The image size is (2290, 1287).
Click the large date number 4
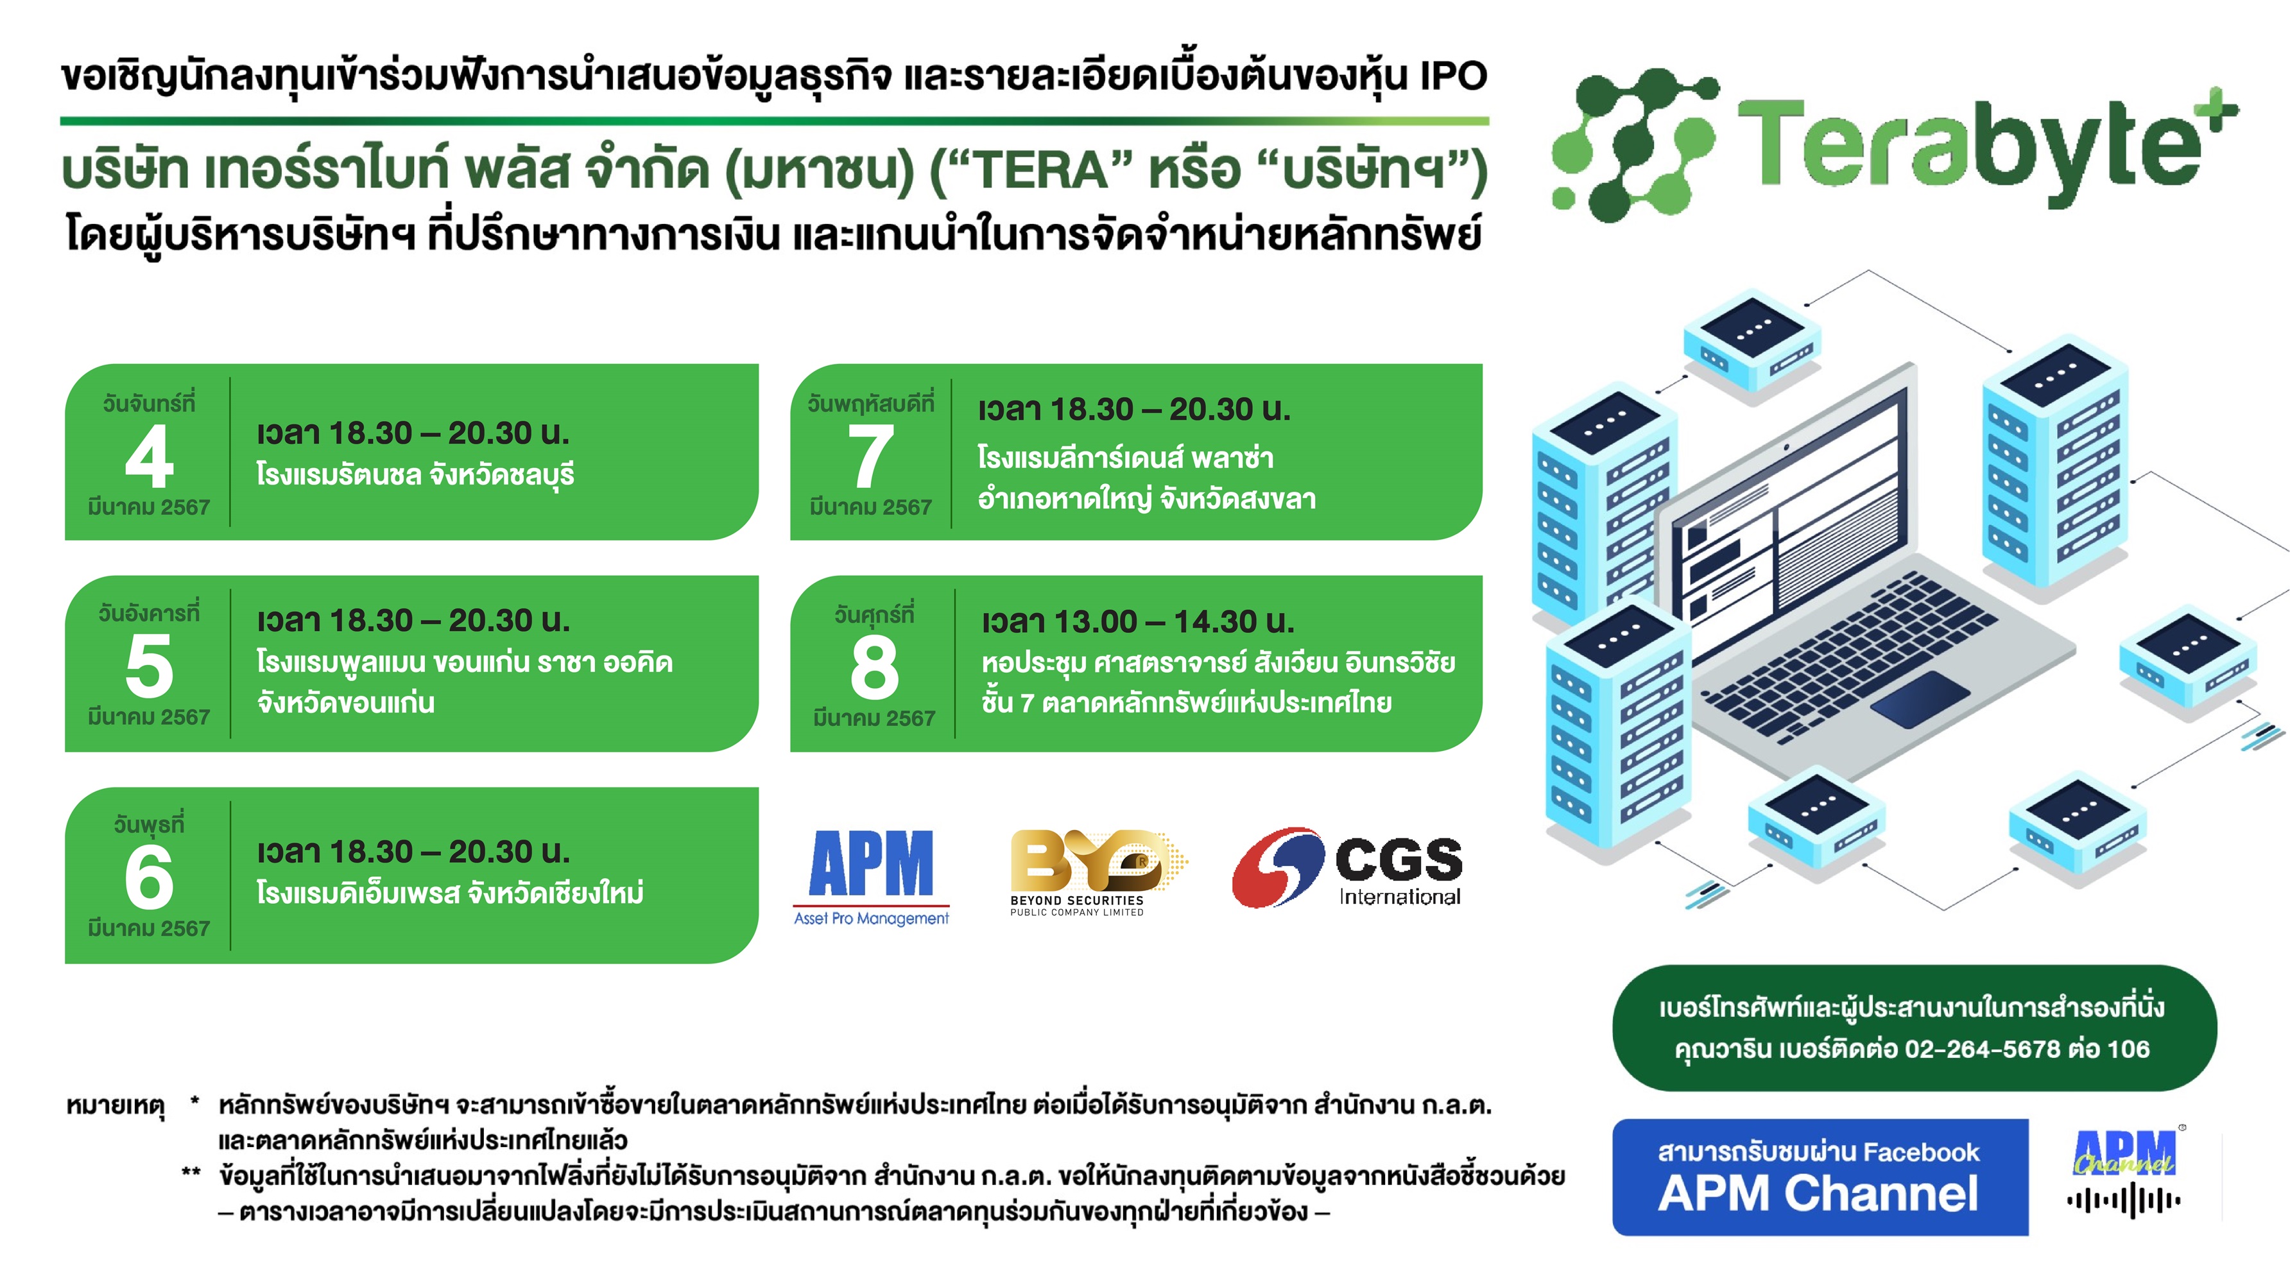[x=150, y=457]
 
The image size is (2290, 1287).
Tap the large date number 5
[x=150, y=667]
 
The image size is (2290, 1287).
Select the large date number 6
[x=150, y=878]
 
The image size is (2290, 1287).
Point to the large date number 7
[x=870, y=457]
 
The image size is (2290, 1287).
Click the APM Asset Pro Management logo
[x=871, y=876]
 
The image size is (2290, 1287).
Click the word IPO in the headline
[x=1452, y=76]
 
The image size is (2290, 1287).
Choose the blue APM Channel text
[x=1819, y=1194]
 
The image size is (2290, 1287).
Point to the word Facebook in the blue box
[x=1920, y=1153]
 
